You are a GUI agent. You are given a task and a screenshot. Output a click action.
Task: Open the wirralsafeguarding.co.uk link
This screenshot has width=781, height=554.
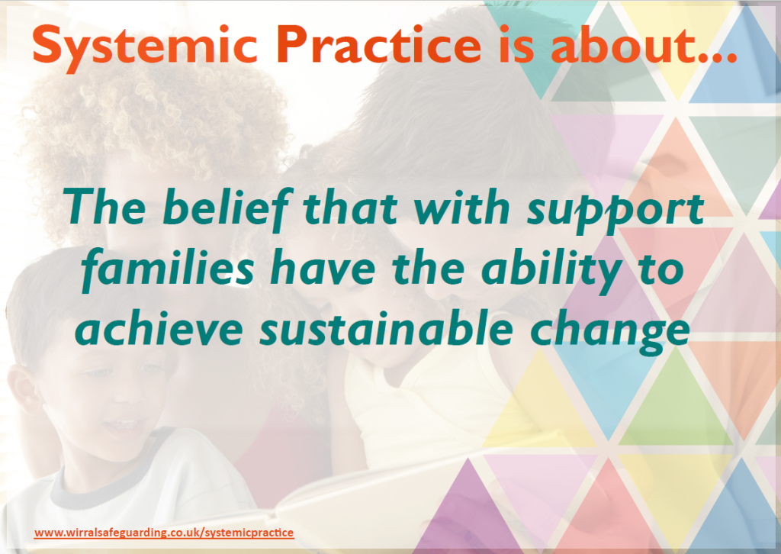(164, 533)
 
